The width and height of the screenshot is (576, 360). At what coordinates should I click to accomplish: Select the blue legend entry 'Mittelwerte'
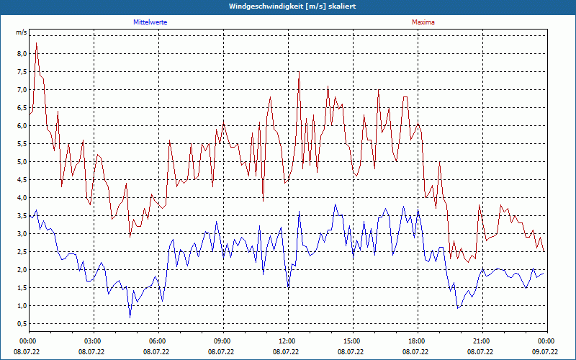[x=150, y=22]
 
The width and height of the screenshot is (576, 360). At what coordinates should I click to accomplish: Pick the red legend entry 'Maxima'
[x=423, y=22]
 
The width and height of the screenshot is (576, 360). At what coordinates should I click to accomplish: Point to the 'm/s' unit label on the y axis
[x=22, y=33]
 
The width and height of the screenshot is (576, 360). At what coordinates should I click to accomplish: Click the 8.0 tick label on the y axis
[x=22, y=54]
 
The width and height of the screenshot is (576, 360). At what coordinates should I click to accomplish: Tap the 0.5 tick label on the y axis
[x=22, y=324]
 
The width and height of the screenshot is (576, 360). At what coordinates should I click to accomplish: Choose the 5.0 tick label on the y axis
[x=22, y=162]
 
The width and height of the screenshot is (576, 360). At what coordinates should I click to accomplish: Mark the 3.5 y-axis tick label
[x=22, y=216]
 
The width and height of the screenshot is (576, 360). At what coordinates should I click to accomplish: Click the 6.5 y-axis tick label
[x=22, y=108]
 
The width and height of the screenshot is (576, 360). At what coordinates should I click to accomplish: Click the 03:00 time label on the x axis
[x=92, y=341]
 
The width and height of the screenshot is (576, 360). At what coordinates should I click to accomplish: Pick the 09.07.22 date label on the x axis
[x=545, y=352]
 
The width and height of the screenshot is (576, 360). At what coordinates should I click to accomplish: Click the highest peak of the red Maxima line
[x=36, y=43]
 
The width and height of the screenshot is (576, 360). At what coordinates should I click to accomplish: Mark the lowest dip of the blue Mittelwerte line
[x=130, y=317]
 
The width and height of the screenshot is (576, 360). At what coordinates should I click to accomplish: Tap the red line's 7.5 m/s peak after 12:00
[x=299, y=72]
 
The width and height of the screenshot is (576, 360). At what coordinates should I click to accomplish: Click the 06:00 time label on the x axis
[x=157, y=341]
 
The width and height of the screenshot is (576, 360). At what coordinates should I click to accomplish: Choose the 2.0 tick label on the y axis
[x=22, y=270]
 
